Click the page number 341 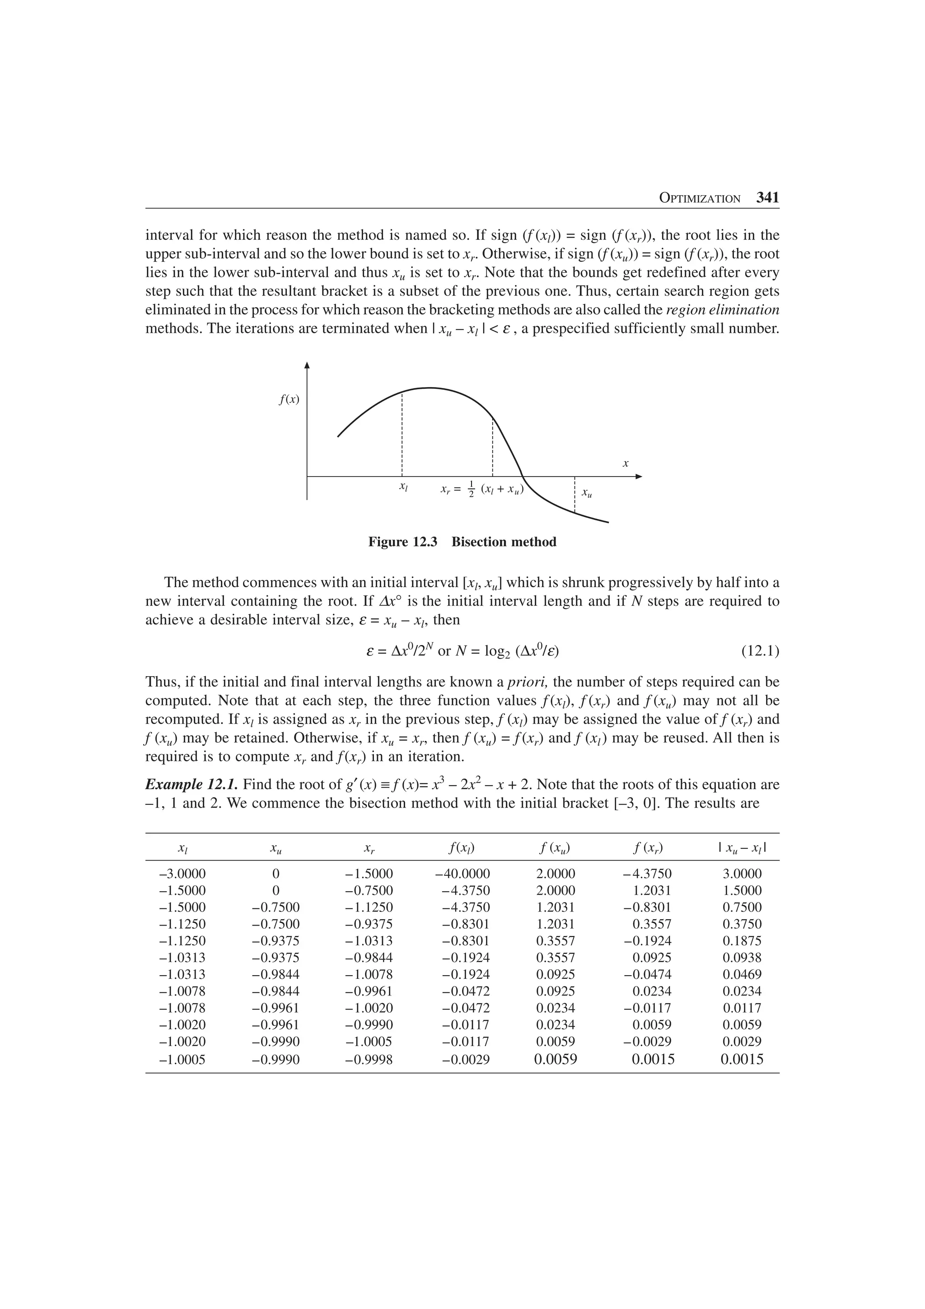[767, 198]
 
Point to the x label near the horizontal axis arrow [625, 463]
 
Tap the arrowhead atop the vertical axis [307, 365]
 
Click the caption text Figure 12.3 [402, 542]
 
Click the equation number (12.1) [760, 650]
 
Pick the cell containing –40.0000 [462, 874]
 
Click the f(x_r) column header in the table [648, 848]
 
